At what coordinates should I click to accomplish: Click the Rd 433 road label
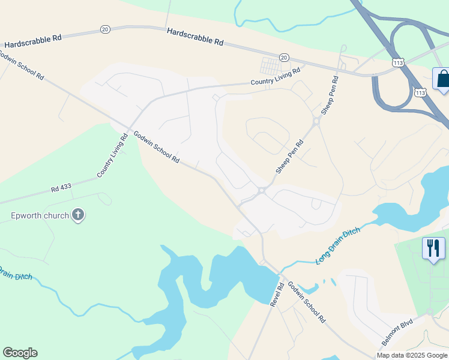pyautogui.click(x=61, y=187)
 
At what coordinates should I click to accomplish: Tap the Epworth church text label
pyautogui.click(x=39, y=215)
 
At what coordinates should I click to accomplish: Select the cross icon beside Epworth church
pyautogui.click(x=77, y=215)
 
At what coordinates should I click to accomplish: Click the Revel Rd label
pyautogui.click(x=276, y=294)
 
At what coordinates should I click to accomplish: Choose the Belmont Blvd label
pyautogui.click(x=397, y=332)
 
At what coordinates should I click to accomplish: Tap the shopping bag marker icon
pyautogui.click(x=443, y=79)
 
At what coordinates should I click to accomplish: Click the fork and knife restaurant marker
pyautogui.click(x=433, y=248)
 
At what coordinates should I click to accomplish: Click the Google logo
pyautogui.click(x=20, y=353)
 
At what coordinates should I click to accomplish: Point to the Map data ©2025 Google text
pyautogui.click(x=412, y=355)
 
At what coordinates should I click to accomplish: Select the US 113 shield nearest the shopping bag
pyautogui.click(x=420, y=92)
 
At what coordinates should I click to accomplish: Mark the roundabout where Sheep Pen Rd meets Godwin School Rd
pyautogui.click(x=262, y=191)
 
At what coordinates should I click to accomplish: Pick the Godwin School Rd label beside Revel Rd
pyautogui.click(x=306, y=302)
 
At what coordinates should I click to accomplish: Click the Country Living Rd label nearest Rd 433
pyautogui.click(x=112, y=156)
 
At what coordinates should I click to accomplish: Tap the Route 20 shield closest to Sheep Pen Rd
pyautogui.click(x=284, y=57)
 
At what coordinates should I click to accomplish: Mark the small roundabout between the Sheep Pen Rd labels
pyautogui.click(x=316, y=121)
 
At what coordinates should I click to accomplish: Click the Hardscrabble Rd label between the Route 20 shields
pyautogui.click(x=195, y=37)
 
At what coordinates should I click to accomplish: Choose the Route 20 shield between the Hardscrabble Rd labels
pyautogui.click(x=105, y=29)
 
